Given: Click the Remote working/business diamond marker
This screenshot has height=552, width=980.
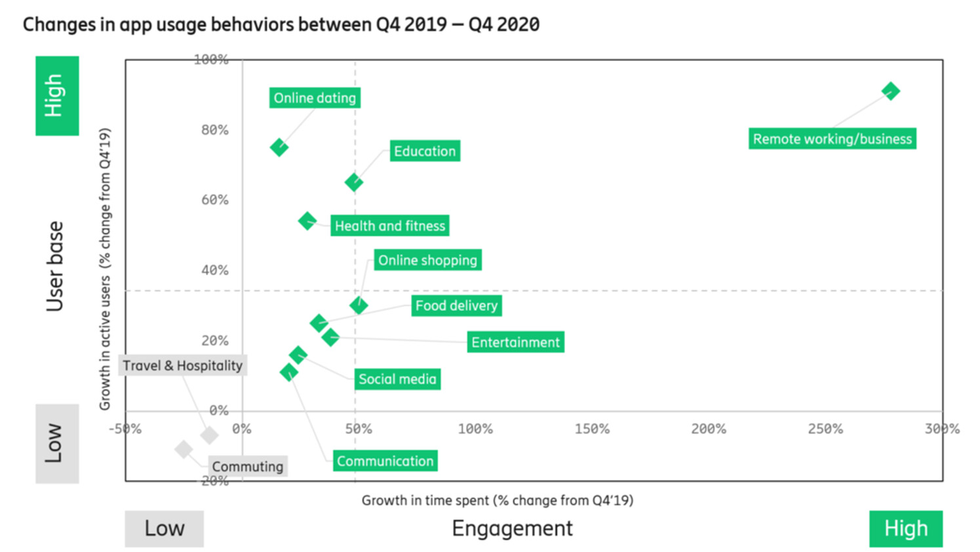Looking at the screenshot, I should (890, 91).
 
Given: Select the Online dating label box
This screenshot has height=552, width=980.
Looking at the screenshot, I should (315, 98).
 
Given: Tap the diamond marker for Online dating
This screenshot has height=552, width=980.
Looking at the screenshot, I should (279, 147).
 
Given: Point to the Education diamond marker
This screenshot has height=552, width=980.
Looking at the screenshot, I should (354, 182).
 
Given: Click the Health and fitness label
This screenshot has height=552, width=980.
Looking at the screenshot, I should (389, 226).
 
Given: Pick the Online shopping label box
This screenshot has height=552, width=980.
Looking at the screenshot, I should (427, 260).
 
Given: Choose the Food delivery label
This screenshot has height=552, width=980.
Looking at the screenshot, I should (456, 306).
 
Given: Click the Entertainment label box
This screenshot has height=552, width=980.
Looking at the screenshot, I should (515, 342).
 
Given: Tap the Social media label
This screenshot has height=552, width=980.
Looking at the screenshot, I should (397, 380).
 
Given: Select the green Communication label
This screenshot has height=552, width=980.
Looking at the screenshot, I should (385, 462).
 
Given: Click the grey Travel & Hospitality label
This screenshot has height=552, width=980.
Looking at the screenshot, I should (182, 366).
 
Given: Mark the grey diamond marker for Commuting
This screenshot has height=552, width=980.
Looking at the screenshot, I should (184, 449).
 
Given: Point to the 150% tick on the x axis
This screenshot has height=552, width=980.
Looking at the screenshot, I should (592, 429).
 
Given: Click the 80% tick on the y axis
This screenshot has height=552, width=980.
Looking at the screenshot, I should (215, 130).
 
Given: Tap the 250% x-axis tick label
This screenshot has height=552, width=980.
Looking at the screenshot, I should (825, 429).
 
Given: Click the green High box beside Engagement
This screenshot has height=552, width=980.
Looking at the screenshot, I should (906, 528).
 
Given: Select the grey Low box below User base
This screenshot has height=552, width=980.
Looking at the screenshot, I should (57, 444).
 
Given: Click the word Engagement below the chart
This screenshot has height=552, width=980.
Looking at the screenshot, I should (512, 528).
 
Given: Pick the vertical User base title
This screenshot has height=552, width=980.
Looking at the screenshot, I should (55, 266).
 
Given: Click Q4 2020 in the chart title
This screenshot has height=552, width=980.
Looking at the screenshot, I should (503, 25).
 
